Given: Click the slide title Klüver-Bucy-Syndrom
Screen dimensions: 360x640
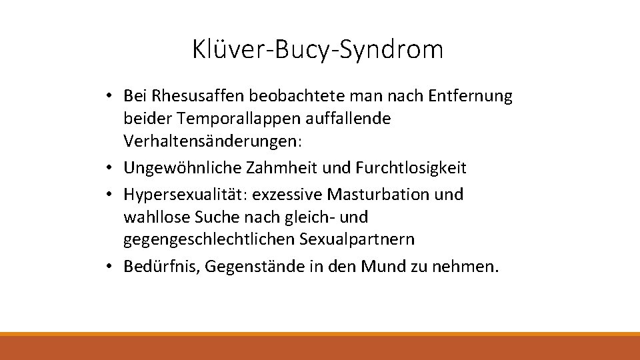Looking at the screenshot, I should [317, 49].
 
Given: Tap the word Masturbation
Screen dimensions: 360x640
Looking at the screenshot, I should [371, 195].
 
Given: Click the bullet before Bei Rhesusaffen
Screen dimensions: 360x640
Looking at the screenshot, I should [108, 97].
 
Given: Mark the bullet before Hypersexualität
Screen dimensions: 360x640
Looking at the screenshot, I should [108, 195].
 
